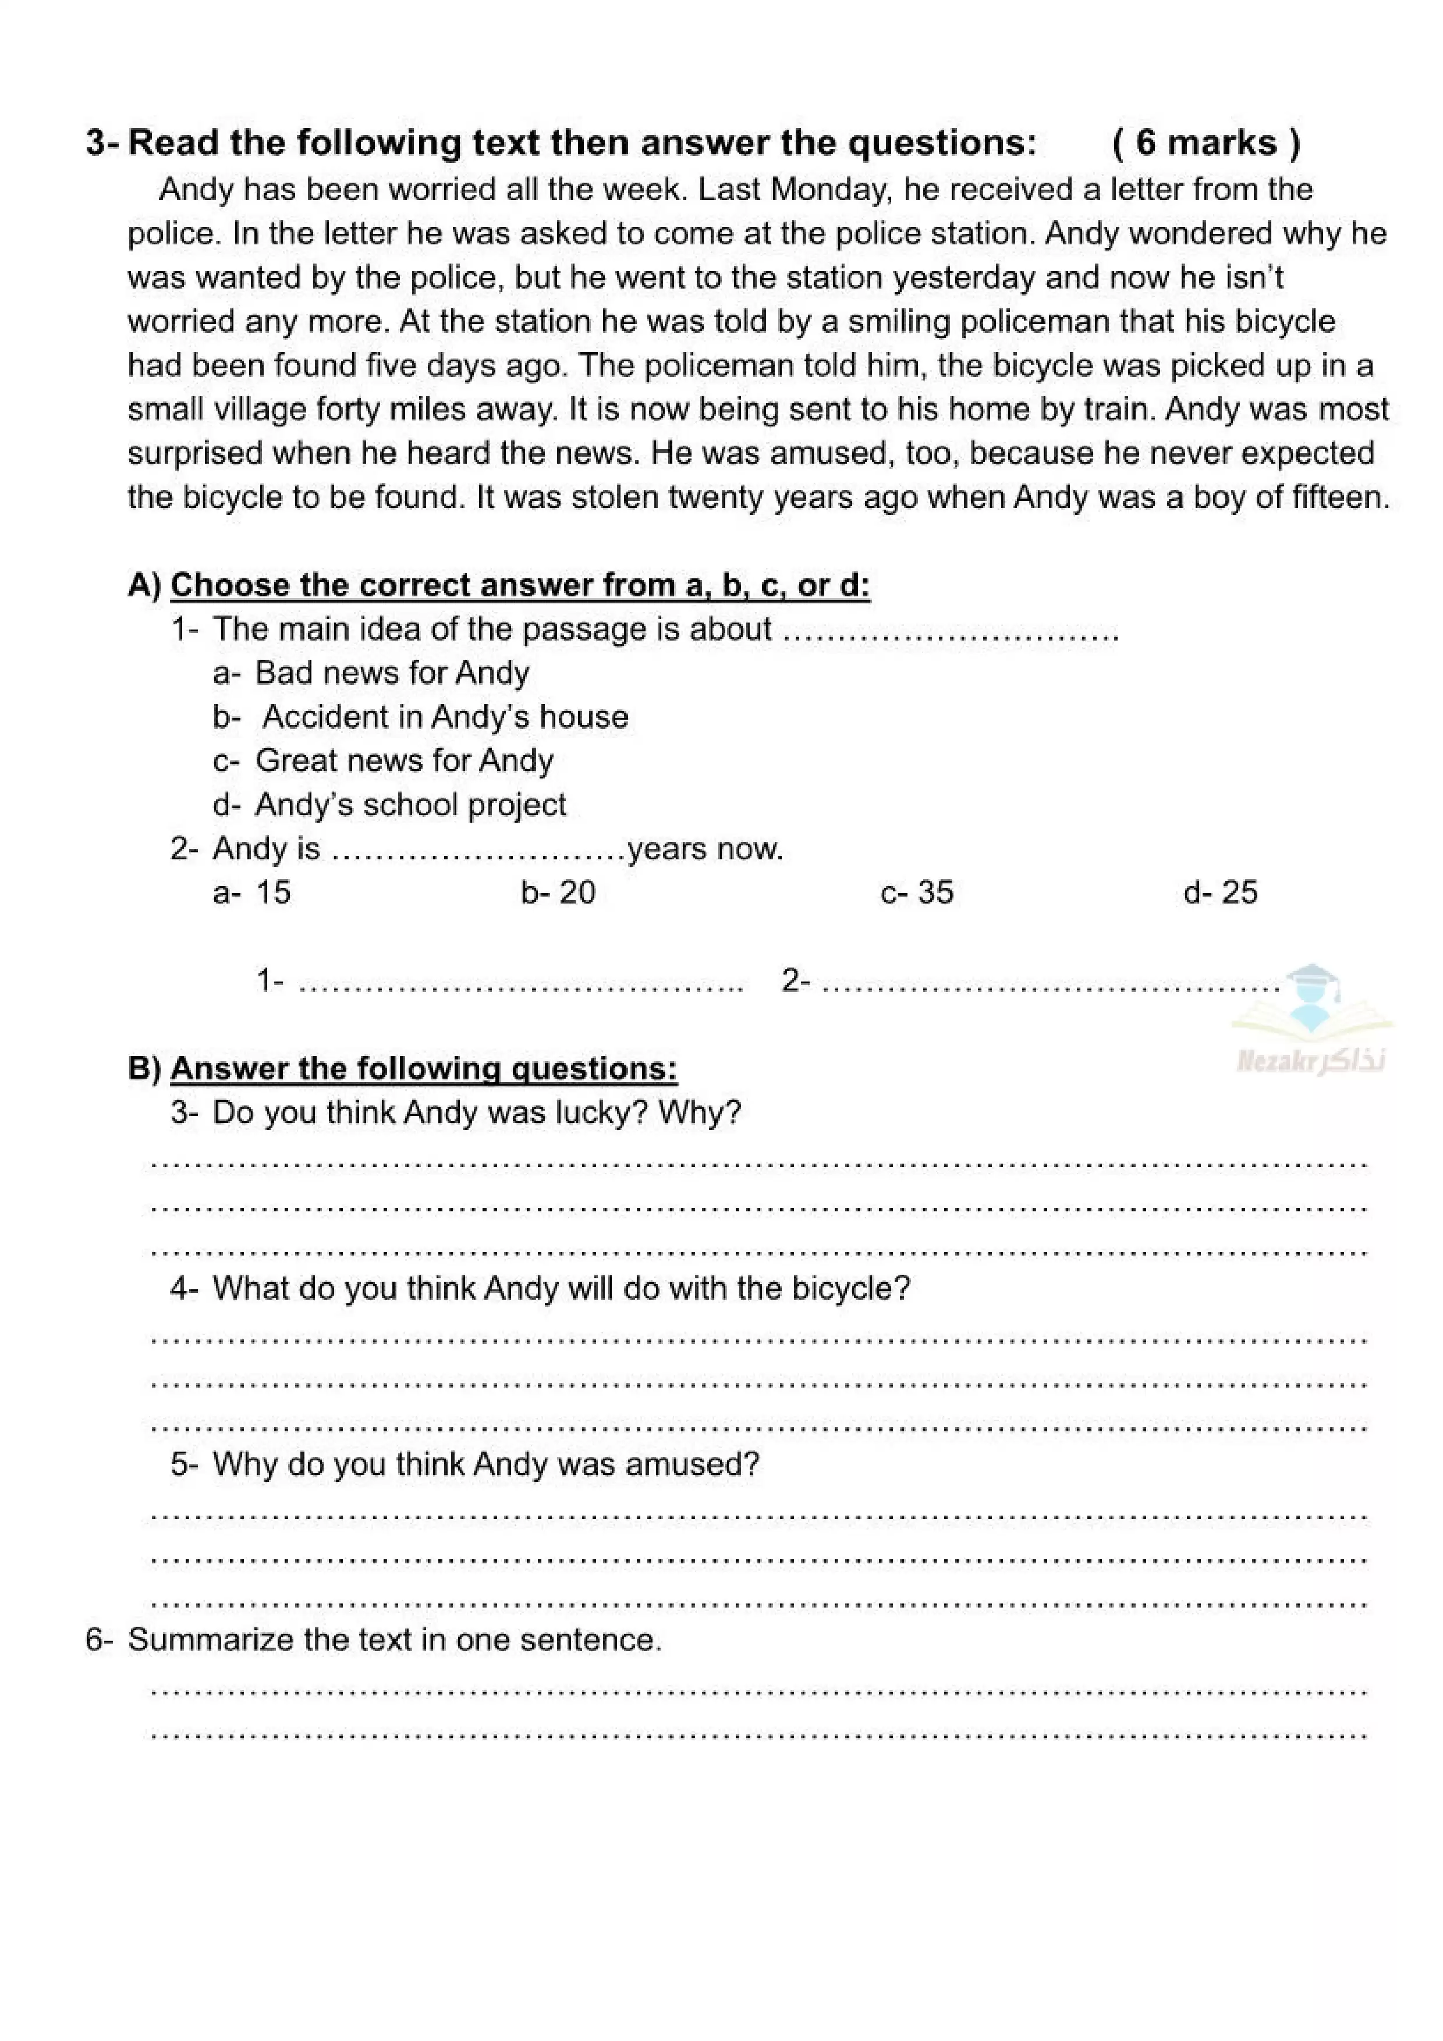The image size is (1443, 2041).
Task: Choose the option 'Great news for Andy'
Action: click(403, 761)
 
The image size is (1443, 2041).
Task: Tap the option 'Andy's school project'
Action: click(410, 805)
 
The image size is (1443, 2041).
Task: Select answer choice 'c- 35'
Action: click(917, 893)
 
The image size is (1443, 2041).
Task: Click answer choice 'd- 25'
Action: click(1220, 893)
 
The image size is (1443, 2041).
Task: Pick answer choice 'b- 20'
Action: click(558, 893)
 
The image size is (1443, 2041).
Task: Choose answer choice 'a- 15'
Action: click(253, 893)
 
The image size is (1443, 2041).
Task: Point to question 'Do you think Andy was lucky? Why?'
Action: click(477, 1113)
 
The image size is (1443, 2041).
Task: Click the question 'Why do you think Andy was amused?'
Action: click(485, 1464)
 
